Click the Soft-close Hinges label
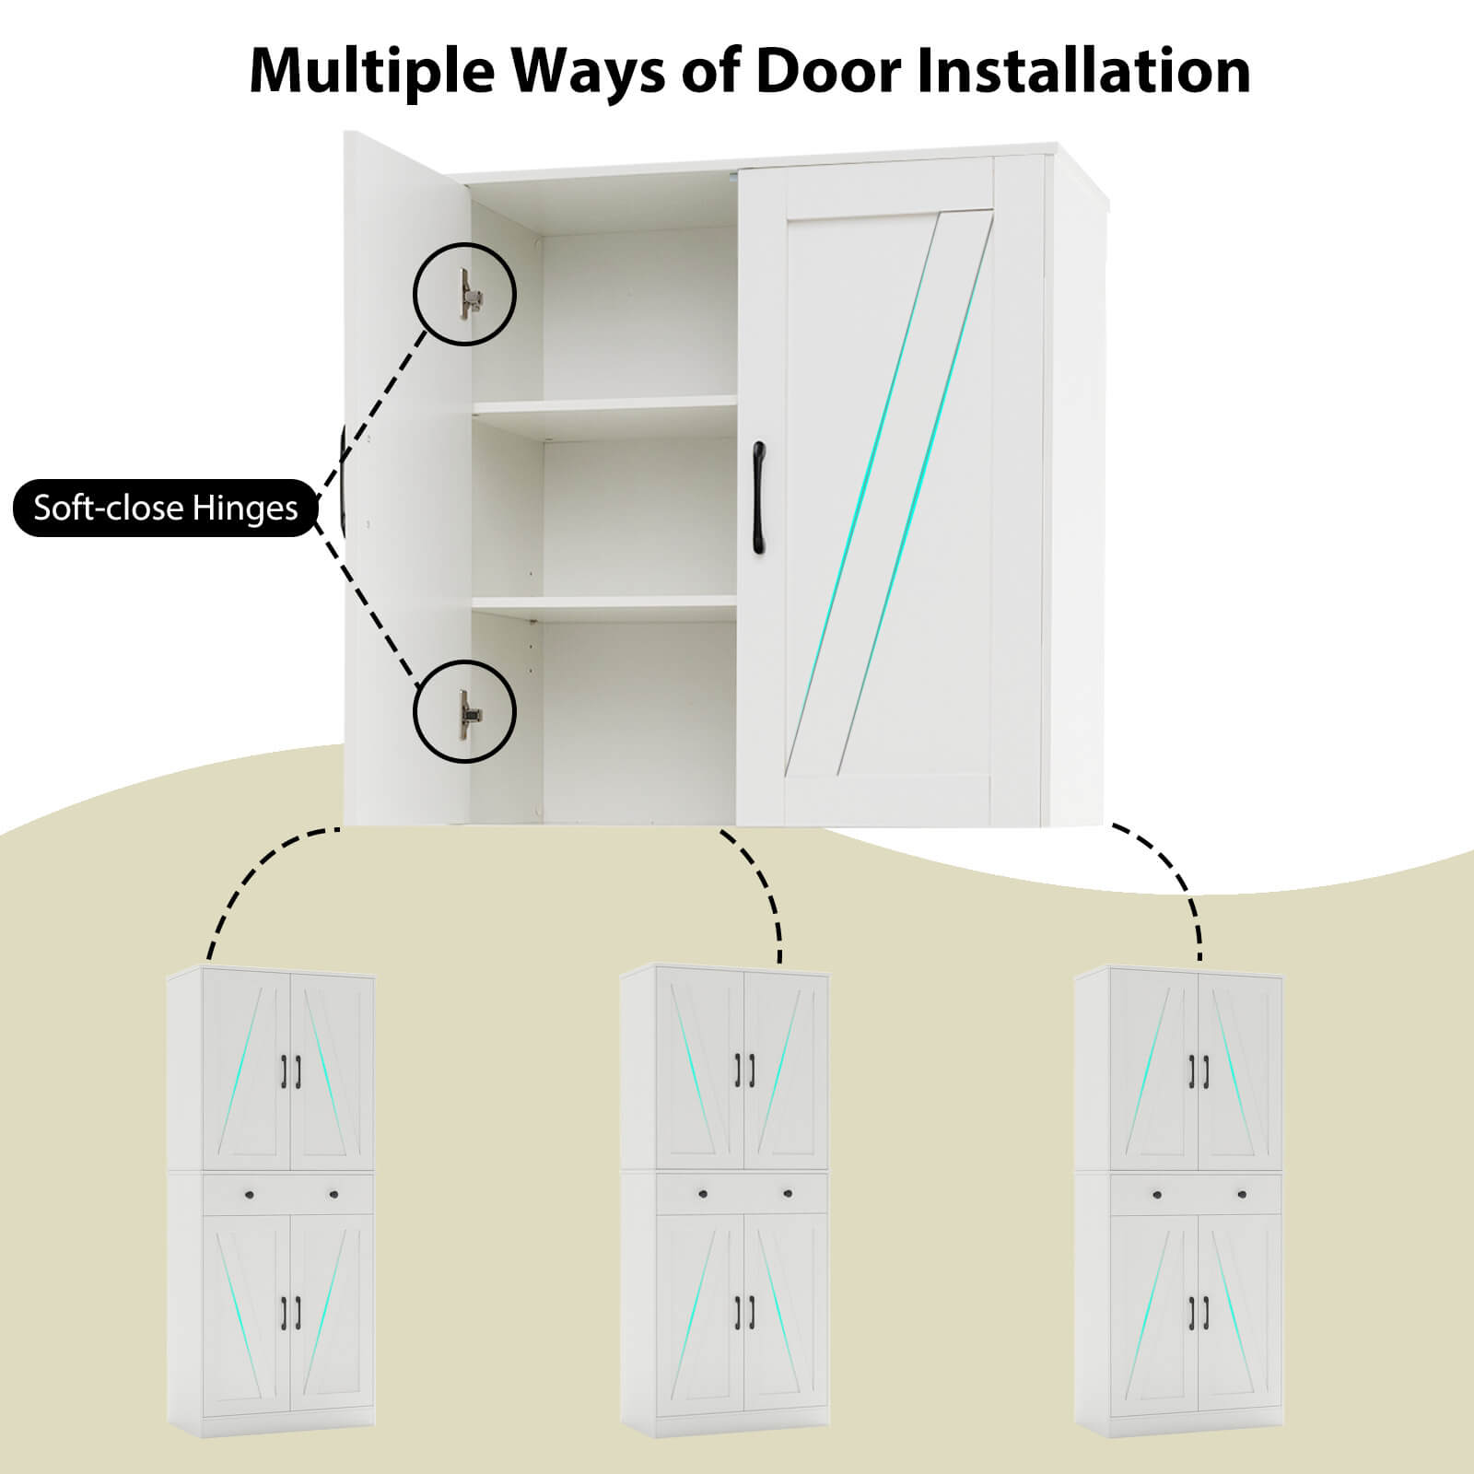pos(166,508)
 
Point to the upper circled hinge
pos(465,294)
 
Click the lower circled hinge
pos(465,712)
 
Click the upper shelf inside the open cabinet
pos(603,405)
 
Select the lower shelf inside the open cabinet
pos(603,603)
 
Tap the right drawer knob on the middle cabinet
pos(787,1194)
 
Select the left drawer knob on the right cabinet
pos(1156,1194)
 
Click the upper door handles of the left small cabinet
pos(290,1070)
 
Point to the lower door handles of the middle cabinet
pos(744,1311)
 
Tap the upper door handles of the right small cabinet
pos(1198,1070)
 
